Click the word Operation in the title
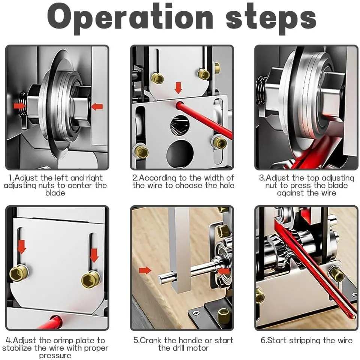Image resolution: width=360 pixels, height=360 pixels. click(x=130, y=18)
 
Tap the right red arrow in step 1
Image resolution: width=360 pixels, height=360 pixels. click(x=97, y=106)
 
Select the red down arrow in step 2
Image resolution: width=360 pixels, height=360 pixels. click(x=178, y=88)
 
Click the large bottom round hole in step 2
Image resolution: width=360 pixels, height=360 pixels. click(x=180, y=152)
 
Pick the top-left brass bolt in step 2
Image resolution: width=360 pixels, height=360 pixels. click(x=158, y=78)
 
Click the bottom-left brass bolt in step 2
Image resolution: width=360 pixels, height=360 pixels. click(x=141, y=152)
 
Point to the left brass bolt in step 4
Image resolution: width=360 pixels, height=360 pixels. click(x=19, y=273)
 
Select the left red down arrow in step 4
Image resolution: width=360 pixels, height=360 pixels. click(x=22, y=247)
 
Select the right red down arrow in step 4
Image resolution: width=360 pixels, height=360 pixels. click(x=94, y=255)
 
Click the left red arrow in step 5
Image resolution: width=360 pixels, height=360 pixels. click(x=145, y=270)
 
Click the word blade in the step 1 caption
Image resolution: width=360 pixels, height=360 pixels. click(x=55, y=193)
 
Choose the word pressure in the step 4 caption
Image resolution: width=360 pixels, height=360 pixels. click(x=55, y=356)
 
